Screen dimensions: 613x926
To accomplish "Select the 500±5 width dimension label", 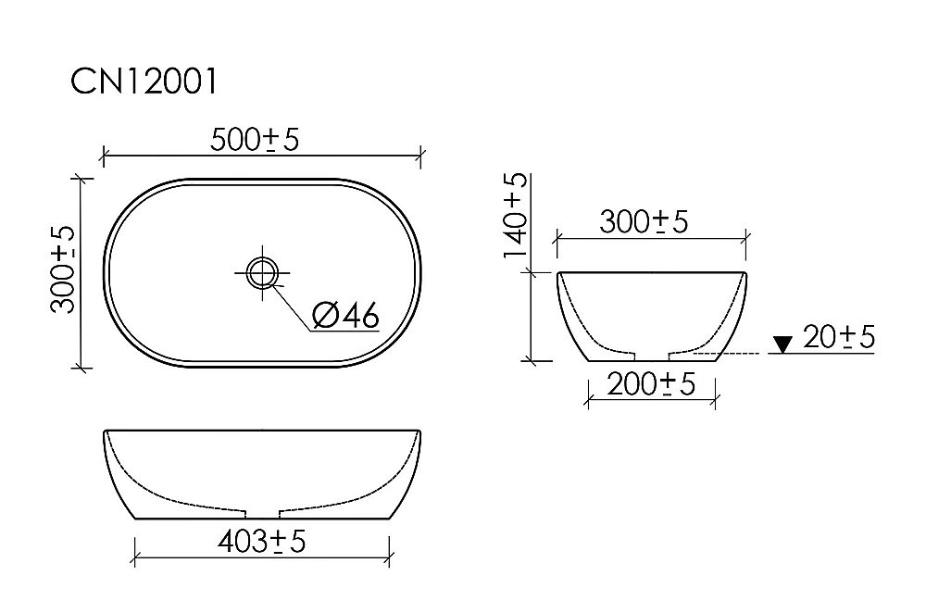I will (x=255, y=139).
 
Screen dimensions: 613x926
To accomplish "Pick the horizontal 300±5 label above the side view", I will (x=644, y=222).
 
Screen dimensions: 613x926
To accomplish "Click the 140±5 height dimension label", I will (x=516, y=215).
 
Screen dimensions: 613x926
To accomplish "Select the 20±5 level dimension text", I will (x=839, y=338).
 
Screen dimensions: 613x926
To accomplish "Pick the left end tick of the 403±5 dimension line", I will (x=135, y=559).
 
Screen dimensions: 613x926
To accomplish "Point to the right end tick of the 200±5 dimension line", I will (x=715, y=399).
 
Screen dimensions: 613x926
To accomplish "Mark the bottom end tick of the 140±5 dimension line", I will (x=530, y=361).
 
